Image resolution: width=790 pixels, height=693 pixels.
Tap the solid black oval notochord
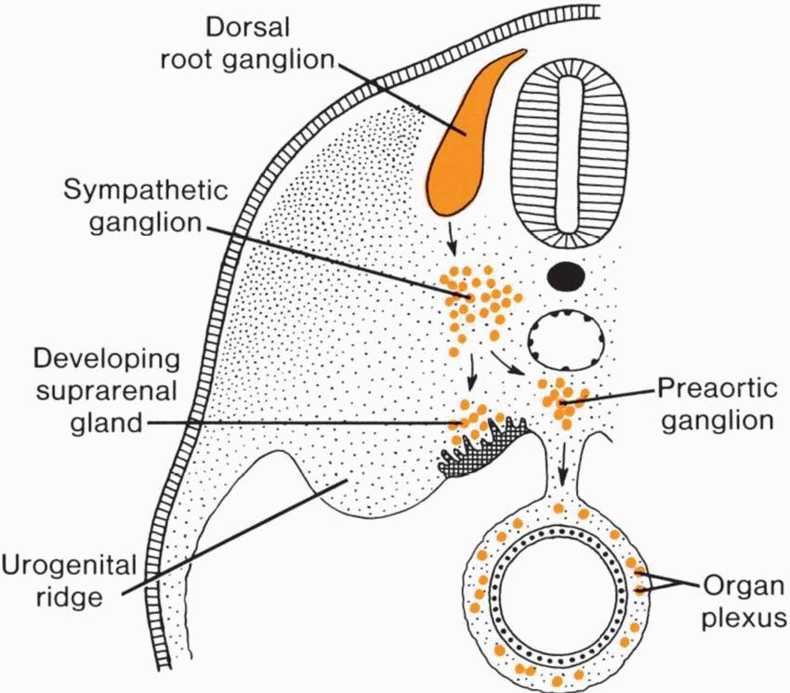[566, 275]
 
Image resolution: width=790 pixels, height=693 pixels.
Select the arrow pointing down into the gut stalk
[562, 474]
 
